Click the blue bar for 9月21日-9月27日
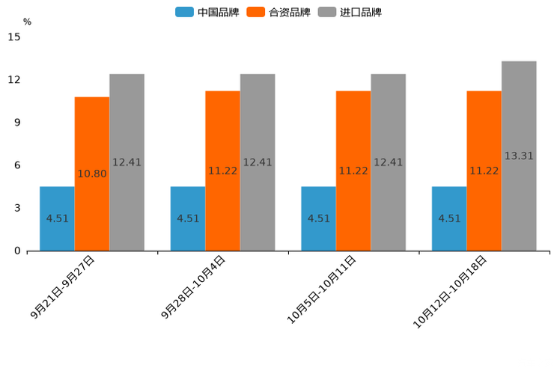[57, 218]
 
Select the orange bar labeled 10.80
[92, 174]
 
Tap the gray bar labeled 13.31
[519, 156]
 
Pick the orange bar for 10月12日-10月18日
[484, 171]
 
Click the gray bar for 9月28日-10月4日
[258, 162]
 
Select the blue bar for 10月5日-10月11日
[318, 218]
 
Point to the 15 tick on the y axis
[14, 37]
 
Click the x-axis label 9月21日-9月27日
[64, 287]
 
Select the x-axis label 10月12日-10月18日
[451, 291]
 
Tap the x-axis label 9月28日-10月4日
[194, 287]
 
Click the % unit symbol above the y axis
[27, 22]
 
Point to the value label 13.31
[519, 156]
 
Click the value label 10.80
[92, 174]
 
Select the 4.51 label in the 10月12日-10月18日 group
[449, 218]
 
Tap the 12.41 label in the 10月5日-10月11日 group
[388, 162]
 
